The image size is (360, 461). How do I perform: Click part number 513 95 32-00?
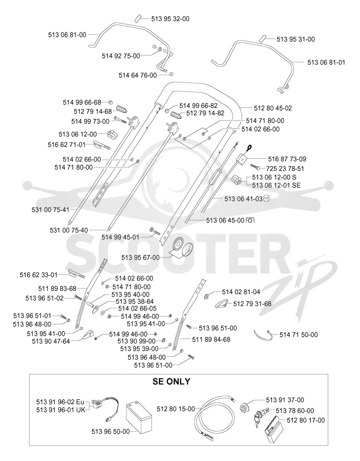[170, 19]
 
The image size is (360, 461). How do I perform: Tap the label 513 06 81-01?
[326, 62]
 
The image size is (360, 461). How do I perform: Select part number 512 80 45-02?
[273, 108]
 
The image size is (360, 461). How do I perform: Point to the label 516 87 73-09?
[287, 159]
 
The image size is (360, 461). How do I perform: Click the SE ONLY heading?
[171, 382]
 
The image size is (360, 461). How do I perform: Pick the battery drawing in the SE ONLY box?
[139, 418]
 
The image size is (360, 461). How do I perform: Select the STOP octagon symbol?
[266, 198]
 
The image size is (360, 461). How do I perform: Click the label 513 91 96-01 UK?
[61, 410]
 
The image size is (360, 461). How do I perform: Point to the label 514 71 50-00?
[299, 335]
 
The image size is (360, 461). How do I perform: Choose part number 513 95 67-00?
[140, 258]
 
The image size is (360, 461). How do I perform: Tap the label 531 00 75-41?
[50, 210]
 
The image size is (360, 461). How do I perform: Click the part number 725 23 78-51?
[285, 169]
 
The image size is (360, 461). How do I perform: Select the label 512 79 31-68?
[252, 304]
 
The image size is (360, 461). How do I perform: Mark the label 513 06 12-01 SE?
[276, 185]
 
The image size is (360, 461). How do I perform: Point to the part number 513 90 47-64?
[51, 341]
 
